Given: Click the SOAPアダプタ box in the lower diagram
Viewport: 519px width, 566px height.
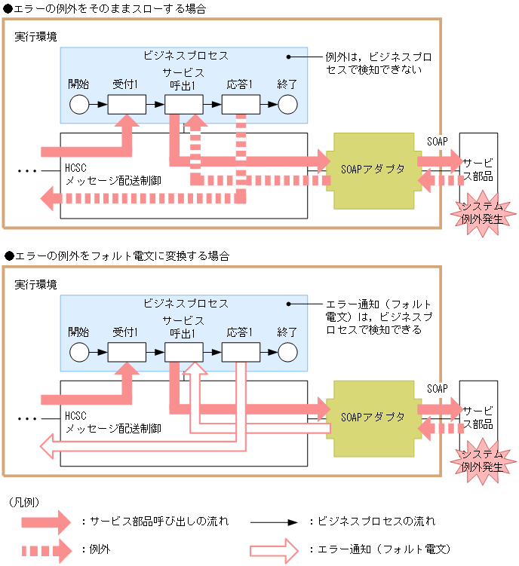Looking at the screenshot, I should [373, 417].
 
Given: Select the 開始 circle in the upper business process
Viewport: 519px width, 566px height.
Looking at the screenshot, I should [79, 104].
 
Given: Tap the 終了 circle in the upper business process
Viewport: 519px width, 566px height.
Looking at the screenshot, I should [287, 104].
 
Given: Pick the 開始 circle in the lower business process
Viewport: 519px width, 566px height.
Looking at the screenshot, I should [79, 352].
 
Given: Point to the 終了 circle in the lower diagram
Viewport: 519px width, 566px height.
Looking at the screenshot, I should [287, 352].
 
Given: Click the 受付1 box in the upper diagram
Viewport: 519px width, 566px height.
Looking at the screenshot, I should [127, 104].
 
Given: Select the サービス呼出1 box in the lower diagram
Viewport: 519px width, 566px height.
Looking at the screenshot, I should [183, 352].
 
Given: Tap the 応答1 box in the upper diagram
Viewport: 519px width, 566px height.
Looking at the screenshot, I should [241, 104].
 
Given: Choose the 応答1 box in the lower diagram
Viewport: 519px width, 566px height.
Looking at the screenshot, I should [241, 352].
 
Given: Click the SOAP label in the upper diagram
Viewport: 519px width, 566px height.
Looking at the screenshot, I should [438, 141].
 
